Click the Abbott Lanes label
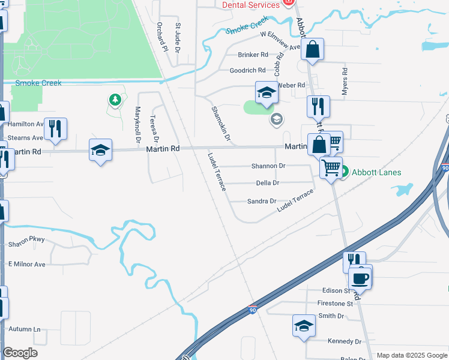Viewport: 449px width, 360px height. click(376, 173)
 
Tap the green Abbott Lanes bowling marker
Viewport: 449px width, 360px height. click(345, 173)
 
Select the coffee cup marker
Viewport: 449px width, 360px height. click(360, 278)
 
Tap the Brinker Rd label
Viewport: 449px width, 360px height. click(253, 55)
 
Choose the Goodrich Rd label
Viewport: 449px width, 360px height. click(247, 71)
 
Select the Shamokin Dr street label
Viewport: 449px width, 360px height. click(220, 124)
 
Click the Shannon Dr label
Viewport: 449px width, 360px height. click(268, 166)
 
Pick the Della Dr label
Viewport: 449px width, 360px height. click(268, 183)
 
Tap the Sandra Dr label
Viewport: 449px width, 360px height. click(262, 202)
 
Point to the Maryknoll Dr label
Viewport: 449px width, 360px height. click(137, 124)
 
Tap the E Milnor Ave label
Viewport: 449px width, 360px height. click(26, 265)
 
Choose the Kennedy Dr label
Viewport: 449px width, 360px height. click(345, 341)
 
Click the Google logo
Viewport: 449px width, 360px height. click(20, 353)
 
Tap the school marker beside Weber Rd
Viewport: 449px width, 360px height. click(267, 92)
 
